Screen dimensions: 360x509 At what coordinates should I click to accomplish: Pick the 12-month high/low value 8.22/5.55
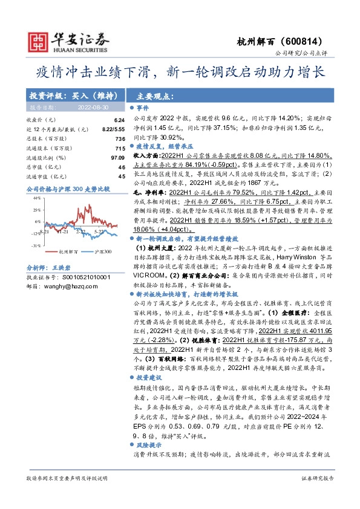[x=112, y=130]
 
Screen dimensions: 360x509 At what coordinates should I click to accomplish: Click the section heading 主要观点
[x=155, y=96]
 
